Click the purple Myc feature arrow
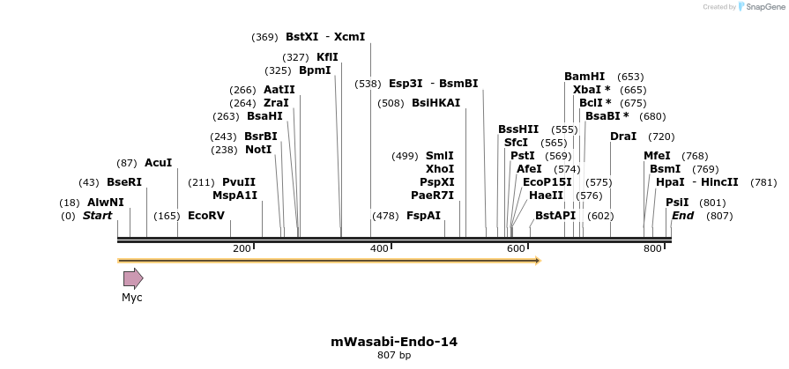[x=132, y=279]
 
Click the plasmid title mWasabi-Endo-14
[x=394, y=342]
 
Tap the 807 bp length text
[x=394, y=356]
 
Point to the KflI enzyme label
[x=327, y=57]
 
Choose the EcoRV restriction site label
[x=206, y=216]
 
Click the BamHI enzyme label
[x=584, y=77]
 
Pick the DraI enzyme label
[x=623, y=137]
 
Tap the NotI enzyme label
[x=258, y=150]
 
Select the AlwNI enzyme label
[x=106, y=203]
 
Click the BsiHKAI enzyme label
[x=436, y=103]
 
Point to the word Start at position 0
[x=97, y=216]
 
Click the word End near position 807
[x=683, y=216]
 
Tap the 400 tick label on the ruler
[x=379, y=249]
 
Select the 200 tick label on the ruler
[x=242, y=249]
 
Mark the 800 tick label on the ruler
[x=652, y=249]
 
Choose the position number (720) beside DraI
[x=661, y=137]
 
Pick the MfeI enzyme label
[x=657, y=156]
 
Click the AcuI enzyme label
[x=159, y=163]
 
